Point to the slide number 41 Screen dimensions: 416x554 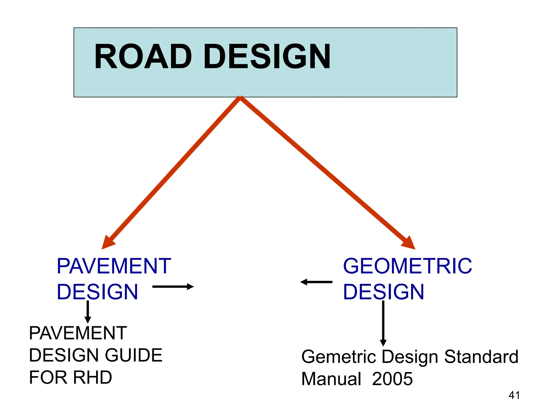(x=514, y=395)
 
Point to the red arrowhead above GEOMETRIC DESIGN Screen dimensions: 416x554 (x=408, y=242)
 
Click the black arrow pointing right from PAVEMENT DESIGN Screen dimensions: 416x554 (x=173, y=287)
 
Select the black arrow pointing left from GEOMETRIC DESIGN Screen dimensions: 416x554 (x=316, y=282)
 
